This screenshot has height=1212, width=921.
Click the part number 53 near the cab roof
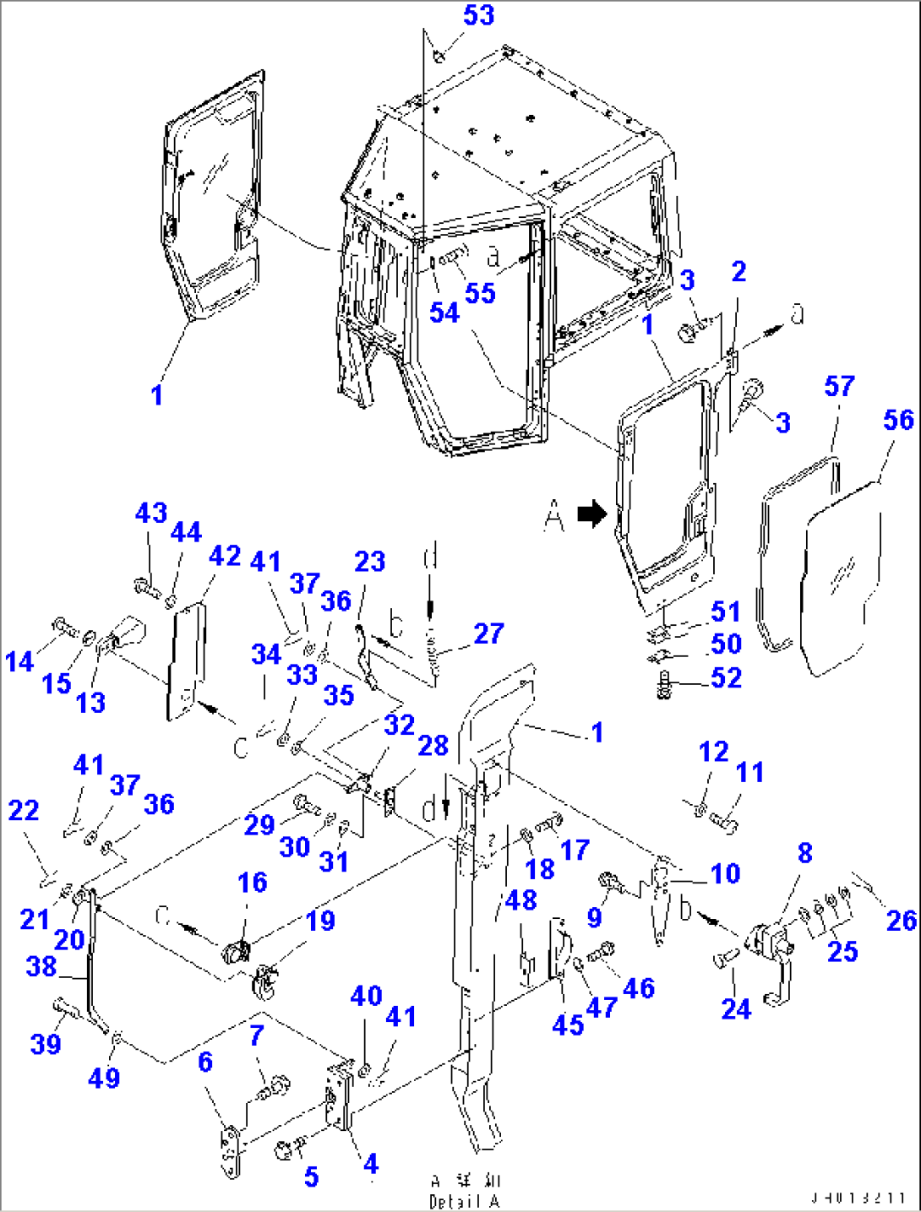pyautogui.click(x=478, y=15)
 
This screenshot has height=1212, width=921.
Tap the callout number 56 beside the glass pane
pyautogui.click(x=898, y=420)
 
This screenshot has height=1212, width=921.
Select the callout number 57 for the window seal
pyautogui.click(x=839, y=386)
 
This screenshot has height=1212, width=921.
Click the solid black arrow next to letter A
pyautogui.click(x=592, y=514)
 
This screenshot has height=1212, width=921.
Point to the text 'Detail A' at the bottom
pyautogui.click(x=464, y=1201)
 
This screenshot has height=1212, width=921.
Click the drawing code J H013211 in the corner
pyautogui.click(x=858, y=1198)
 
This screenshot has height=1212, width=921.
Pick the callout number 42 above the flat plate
pyautogui.click(x=225, y=556)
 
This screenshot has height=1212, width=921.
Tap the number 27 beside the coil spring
pyautogui.click(x=488, y=633)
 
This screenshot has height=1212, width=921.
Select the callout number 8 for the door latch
pyautogui.click(x=804, y=853)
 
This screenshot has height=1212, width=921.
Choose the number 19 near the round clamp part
pyautogui.click(x=320, y=921)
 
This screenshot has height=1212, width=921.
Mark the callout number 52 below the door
pyautogui.click(x=726, y=677)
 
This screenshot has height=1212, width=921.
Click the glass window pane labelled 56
pyautogui.click(x=841, y=583)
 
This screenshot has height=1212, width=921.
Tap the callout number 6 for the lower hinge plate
pyautogui.click(x=205, y=1062)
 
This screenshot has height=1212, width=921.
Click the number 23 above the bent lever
pyautogui.click(x=370, y=562)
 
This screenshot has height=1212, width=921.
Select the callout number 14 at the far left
pyautogui.click(x=19, y=661)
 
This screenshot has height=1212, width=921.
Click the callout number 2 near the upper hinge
pyautogui.click(x=738, y=272)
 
